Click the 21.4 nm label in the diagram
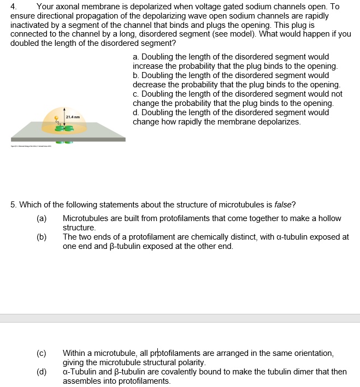(73, 117)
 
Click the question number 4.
(14, 7)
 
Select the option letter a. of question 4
(135, 57)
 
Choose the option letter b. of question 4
(135, 75)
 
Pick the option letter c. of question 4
(135, 94)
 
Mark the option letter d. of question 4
(135, 112)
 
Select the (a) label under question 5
(42, 218)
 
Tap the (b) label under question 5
(42, 237)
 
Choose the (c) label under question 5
(42, 353)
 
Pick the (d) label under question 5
(42, 372)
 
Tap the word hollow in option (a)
(329, 218)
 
